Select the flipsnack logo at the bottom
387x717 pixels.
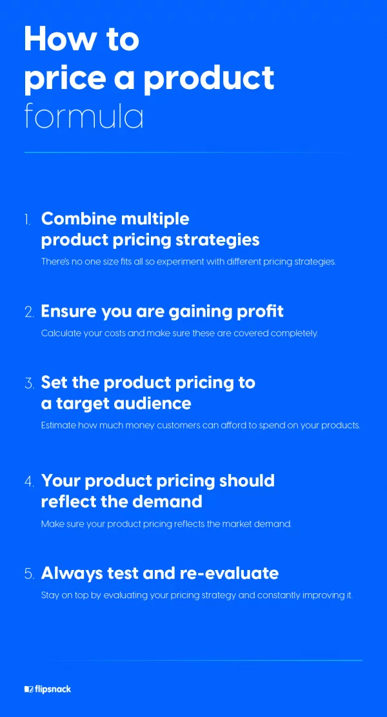[x=48, y=689]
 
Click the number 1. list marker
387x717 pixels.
[x=28, y=220]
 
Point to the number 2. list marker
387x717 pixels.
[x=29, y=313]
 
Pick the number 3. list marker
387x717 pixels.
[x=29, y=383]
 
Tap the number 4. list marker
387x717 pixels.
[x=29, y=482]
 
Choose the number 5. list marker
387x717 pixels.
[x=29, y=575]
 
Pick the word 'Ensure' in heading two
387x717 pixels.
[x=68, y=312]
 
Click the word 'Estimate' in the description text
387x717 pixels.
[x=59, y=426]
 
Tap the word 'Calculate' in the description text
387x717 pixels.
[x=61, y=333]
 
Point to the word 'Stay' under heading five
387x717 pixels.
[x=49, y=596]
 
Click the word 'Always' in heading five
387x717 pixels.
[x=73, y=574]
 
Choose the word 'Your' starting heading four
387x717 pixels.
[x=61, y=481]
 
